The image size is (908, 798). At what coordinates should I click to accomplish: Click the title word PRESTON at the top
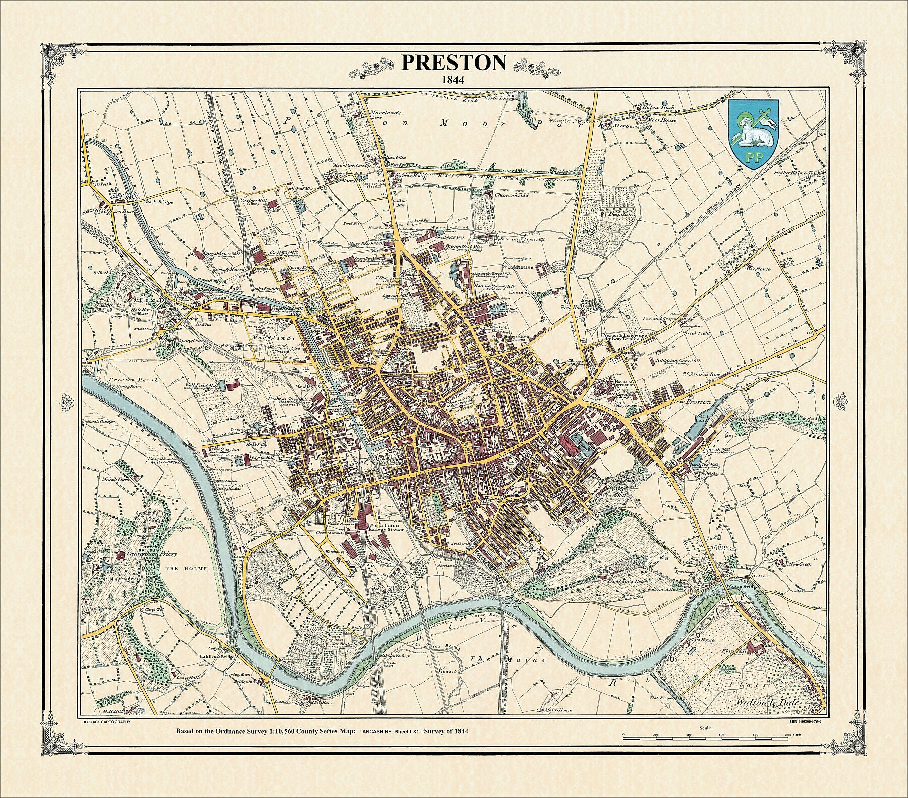[x=453, y=63]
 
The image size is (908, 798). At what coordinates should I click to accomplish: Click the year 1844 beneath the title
[x=453, y=79]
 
